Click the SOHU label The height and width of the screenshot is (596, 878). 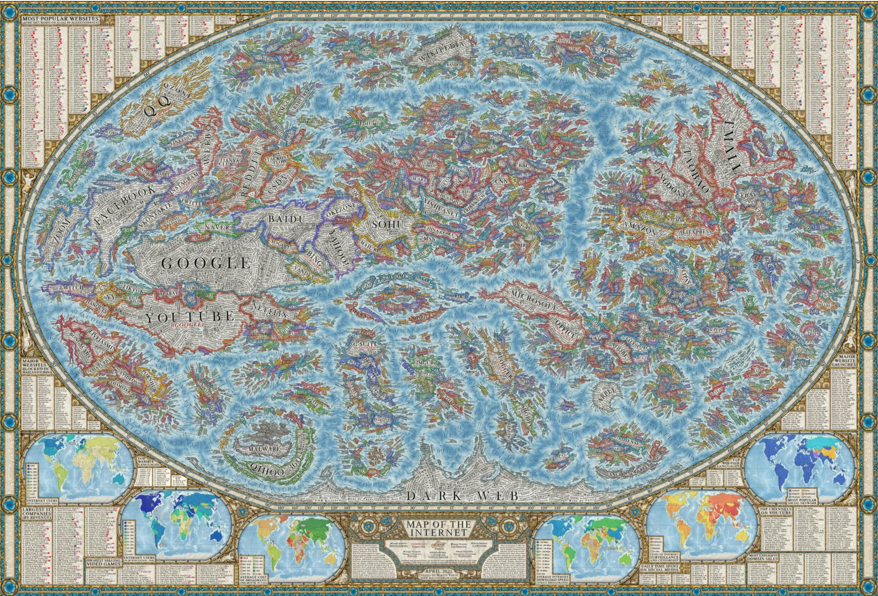point(388,225)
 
